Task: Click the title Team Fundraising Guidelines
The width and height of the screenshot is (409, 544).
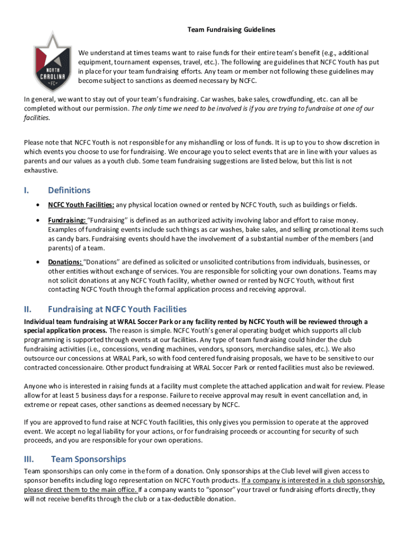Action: tap(231, 30)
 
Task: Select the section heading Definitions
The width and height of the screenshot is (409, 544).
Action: tap(69, 190)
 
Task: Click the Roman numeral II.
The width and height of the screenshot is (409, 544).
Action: tap(28, 309)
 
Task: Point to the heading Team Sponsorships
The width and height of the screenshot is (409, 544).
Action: tap(89, 458)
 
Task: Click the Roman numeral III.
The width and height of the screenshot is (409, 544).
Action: tap(30, 458)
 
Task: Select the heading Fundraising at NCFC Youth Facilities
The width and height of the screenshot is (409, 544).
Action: tap(117, 309)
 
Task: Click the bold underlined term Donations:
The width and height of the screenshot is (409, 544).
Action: tap(64, 262)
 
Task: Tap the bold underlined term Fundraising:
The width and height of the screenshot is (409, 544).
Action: tap(66, 220)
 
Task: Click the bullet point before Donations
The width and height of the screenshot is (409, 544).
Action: tap(37, 262)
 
